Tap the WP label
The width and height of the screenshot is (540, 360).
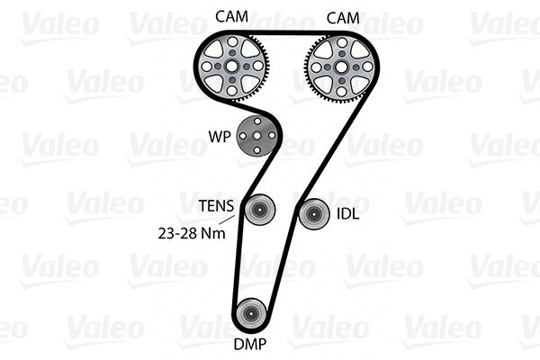[x=218, y=138]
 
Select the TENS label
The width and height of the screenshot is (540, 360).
[x=216, y=205]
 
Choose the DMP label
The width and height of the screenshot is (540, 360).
[x=250, y=343]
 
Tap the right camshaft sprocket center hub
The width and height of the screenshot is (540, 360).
[x=339, y=66]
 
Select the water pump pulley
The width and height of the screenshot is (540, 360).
[x=256, y=137]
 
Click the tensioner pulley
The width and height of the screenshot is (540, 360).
[x=257, y=211]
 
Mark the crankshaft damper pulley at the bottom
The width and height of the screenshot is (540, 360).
[x=249, y=314]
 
